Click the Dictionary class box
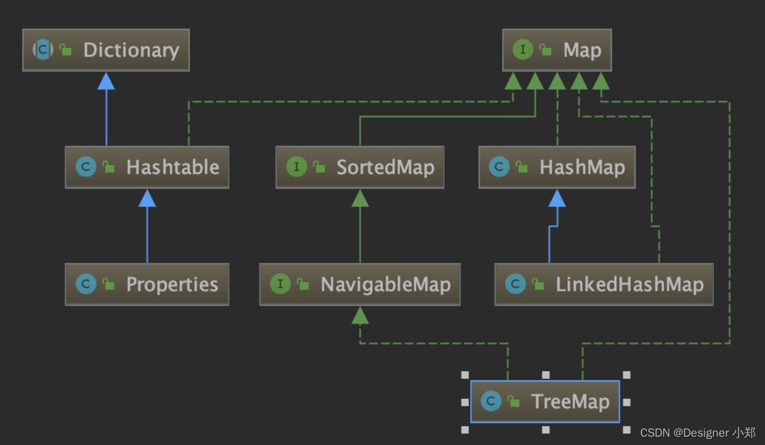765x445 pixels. point(106,50)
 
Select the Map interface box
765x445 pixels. point(557,50)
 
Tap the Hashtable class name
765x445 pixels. point(172,167)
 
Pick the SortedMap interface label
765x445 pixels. point(385,167)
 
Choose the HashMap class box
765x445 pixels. point(557,167)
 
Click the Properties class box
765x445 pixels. point(147,285)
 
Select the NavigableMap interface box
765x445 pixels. point(360,285)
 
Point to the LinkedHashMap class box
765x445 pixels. point(604,285)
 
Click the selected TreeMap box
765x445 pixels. point(545,402)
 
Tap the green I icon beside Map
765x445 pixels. point(522,50)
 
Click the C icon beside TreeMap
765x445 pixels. point(490,402)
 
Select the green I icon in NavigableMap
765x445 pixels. point(280,284)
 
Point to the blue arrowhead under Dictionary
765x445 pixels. point(106,81)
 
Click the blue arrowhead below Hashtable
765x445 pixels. point(147,199)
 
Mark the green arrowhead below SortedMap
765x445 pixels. point(360,199)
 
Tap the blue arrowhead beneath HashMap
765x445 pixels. point(557,199)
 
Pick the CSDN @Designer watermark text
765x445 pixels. point(698,433)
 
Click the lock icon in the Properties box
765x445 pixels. point(109,285)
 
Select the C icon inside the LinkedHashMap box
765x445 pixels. point(515,284)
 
